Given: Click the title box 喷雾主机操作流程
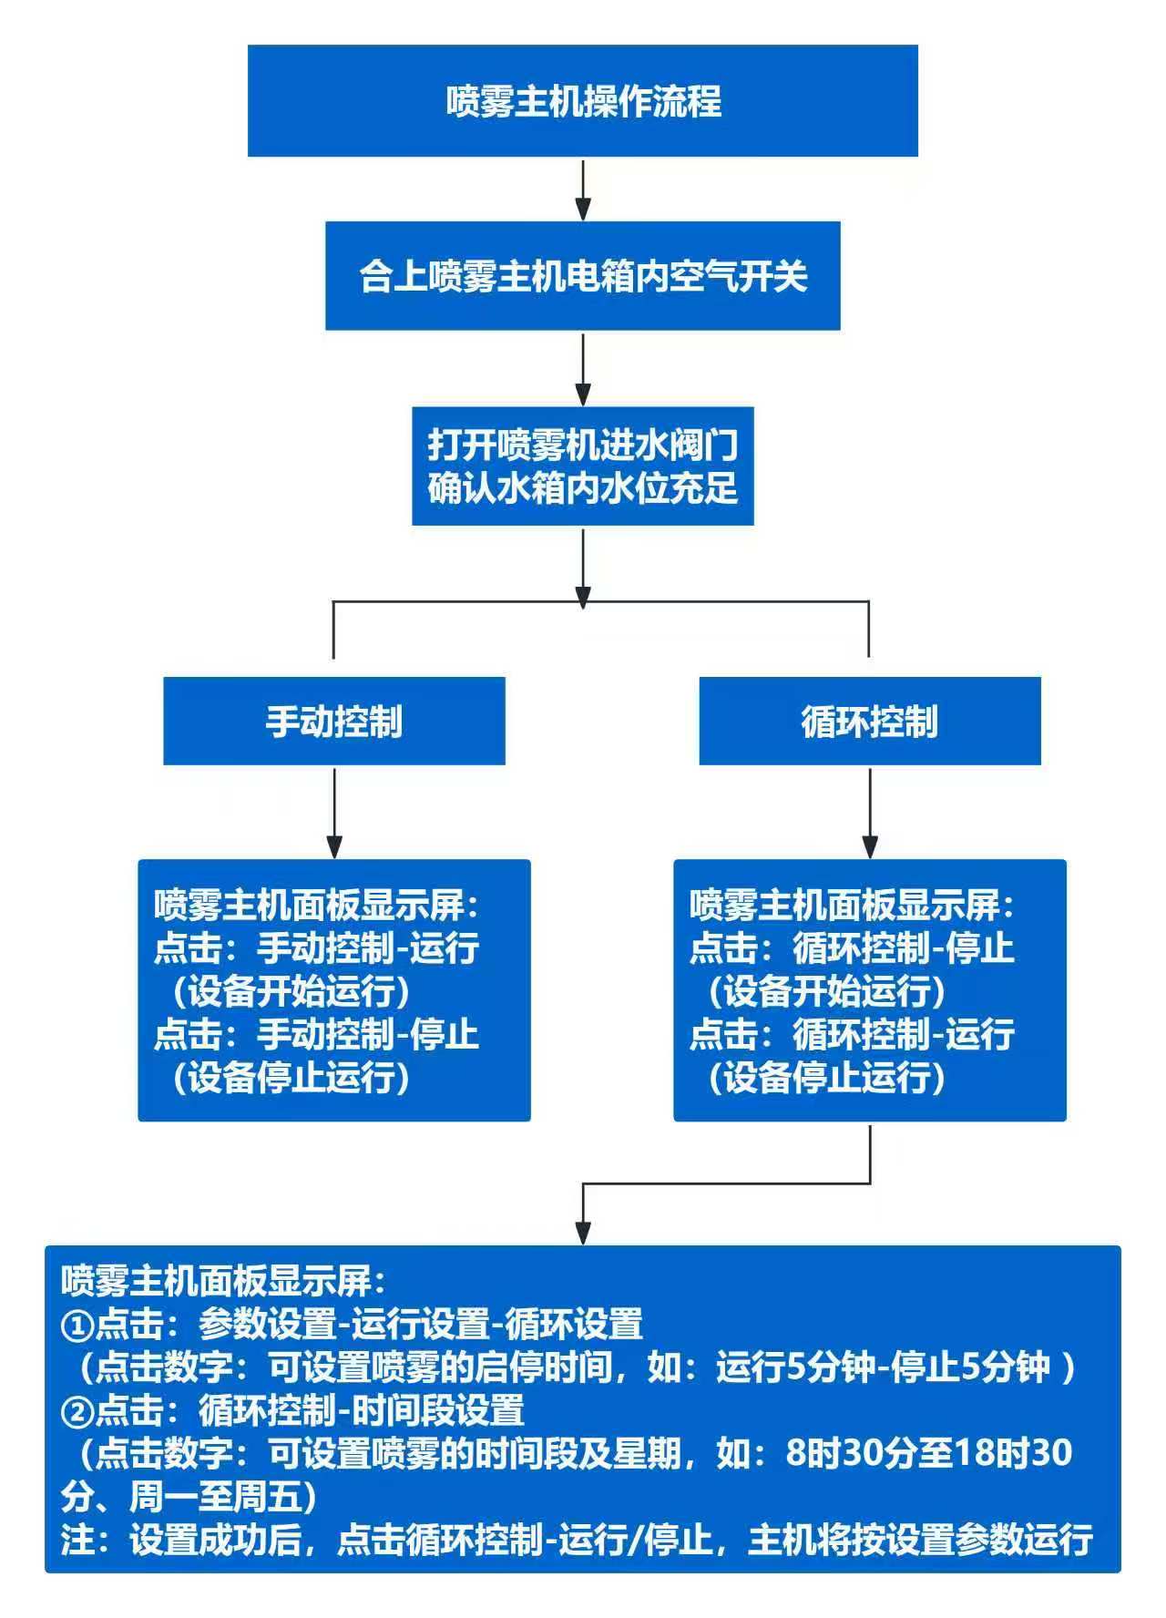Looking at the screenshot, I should pos(583,100).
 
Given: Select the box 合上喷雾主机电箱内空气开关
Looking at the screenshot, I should pos(583,275).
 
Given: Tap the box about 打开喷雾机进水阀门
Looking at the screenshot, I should pos(583,466).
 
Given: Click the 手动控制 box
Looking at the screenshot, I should pos(333,721).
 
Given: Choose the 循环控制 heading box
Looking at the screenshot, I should pos(869,721).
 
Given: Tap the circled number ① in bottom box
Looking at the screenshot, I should pos(77,1324).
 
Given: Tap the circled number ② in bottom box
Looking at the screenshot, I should pos(77,1410).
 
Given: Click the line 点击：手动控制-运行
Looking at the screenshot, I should pos(317,947).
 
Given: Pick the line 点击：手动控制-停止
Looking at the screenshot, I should pos(317,1034).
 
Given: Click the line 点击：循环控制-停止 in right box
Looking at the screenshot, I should pos(852,947).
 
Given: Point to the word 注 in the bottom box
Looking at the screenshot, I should pos(77,1540).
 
